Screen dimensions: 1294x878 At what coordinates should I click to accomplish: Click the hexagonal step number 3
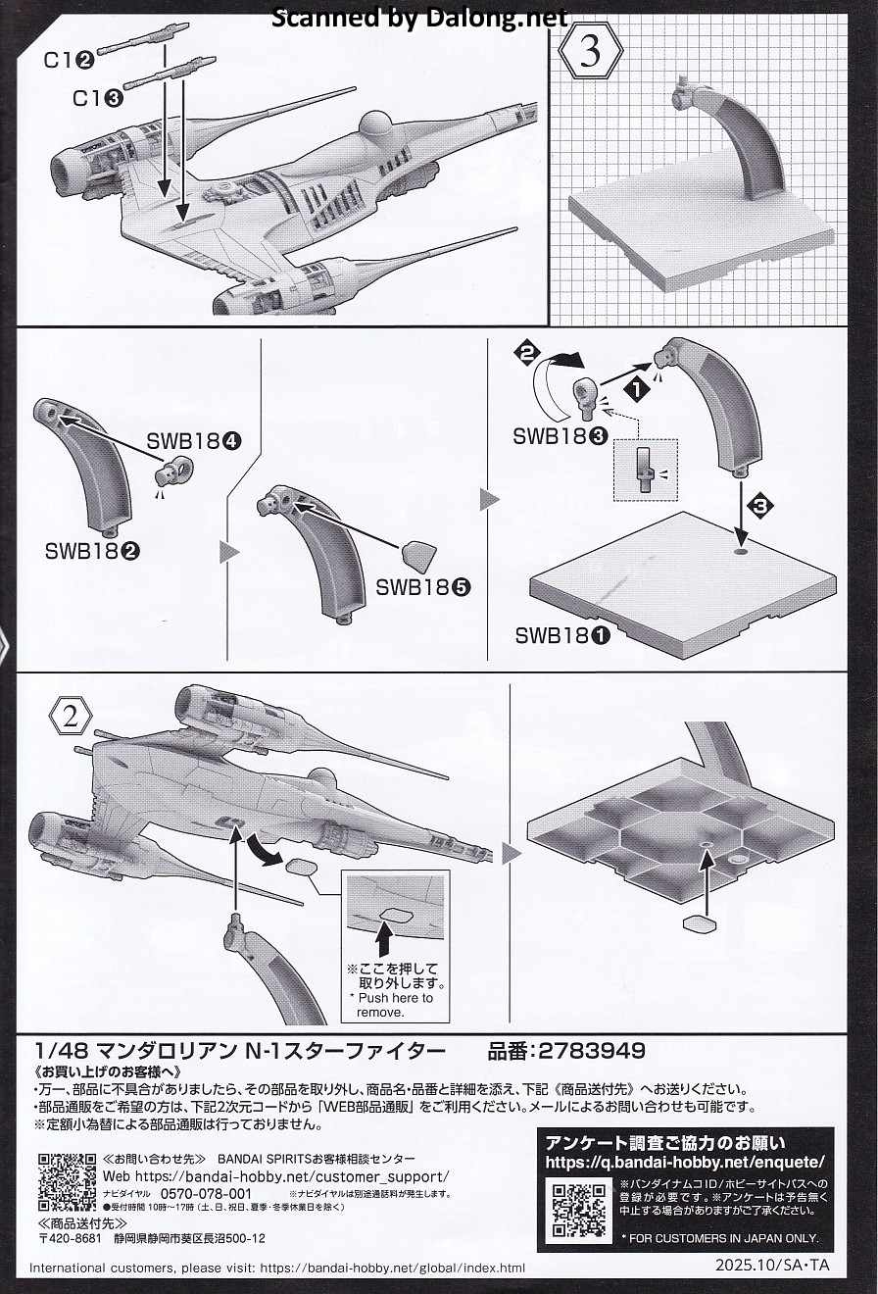coord(590,54)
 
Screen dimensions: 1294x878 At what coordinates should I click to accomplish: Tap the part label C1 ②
coord(68,60)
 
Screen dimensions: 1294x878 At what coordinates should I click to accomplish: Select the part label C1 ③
coord(97,98)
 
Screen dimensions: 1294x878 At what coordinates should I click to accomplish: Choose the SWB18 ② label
coord(91,551)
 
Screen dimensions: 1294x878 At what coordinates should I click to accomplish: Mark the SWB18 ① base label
coord(562,635)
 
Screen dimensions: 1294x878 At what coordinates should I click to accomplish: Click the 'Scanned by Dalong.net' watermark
coord(418,17)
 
